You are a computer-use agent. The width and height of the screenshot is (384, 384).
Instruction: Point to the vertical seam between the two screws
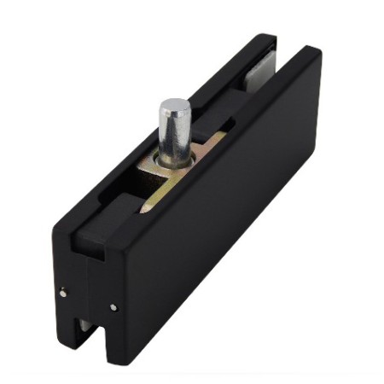coord(87,299)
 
